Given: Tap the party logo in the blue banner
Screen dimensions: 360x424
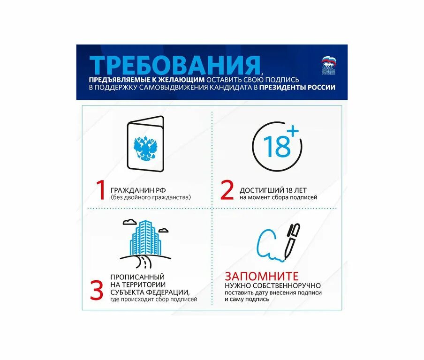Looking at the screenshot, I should click(x=329, y=66).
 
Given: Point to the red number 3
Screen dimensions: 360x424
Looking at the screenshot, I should click(x=96, y=290).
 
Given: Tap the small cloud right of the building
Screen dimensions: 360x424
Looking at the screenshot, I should click(x=164, y=230).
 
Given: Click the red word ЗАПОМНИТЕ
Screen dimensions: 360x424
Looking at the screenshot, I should click(x=261, y=276).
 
